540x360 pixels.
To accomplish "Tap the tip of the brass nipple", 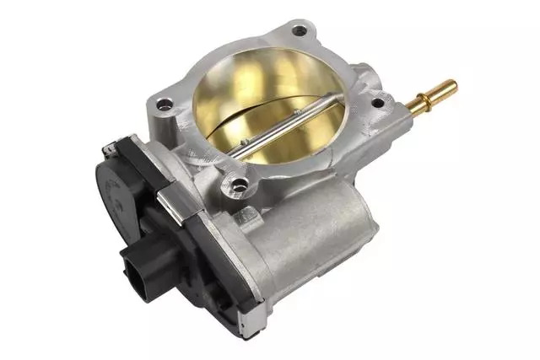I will (x=451, y=84).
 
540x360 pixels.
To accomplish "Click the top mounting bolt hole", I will (x=300, y=31).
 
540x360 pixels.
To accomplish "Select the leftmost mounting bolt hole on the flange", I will (x=164, y=106).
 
